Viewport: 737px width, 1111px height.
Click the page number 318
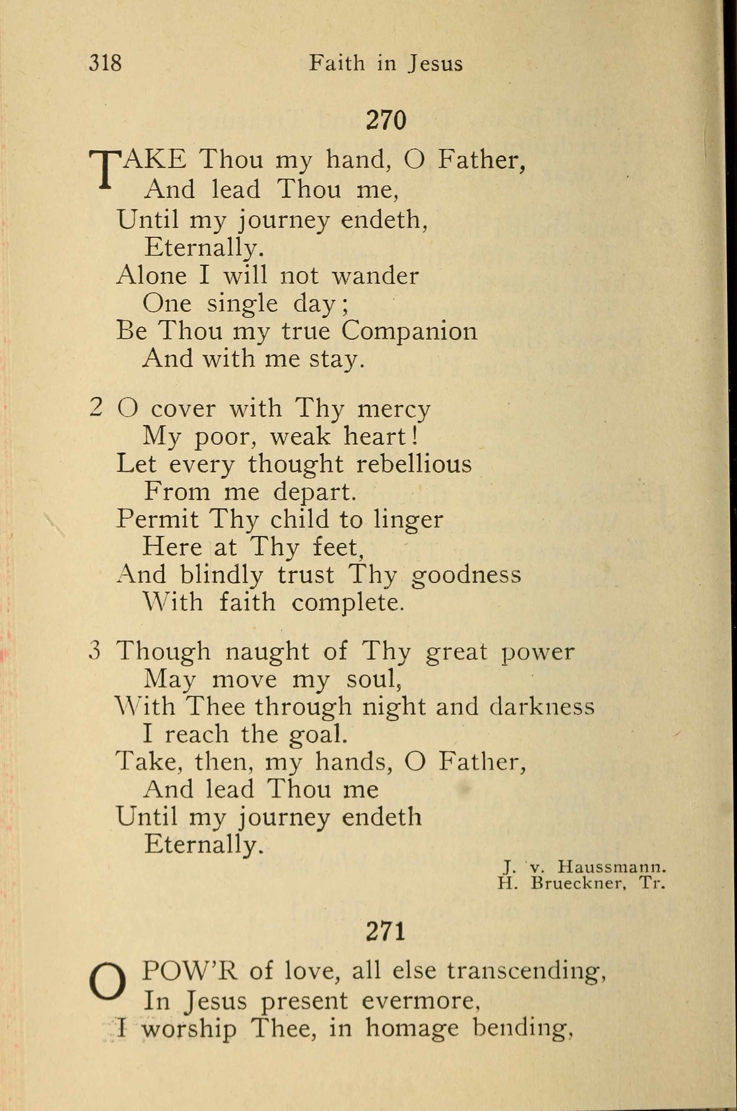[105, 63]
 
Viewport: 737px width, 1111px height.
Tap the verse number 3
[95, 651]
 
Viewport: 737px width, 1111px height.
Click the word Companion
[409, 331]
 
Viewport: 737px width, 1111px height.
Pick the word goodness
[466, 575]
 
